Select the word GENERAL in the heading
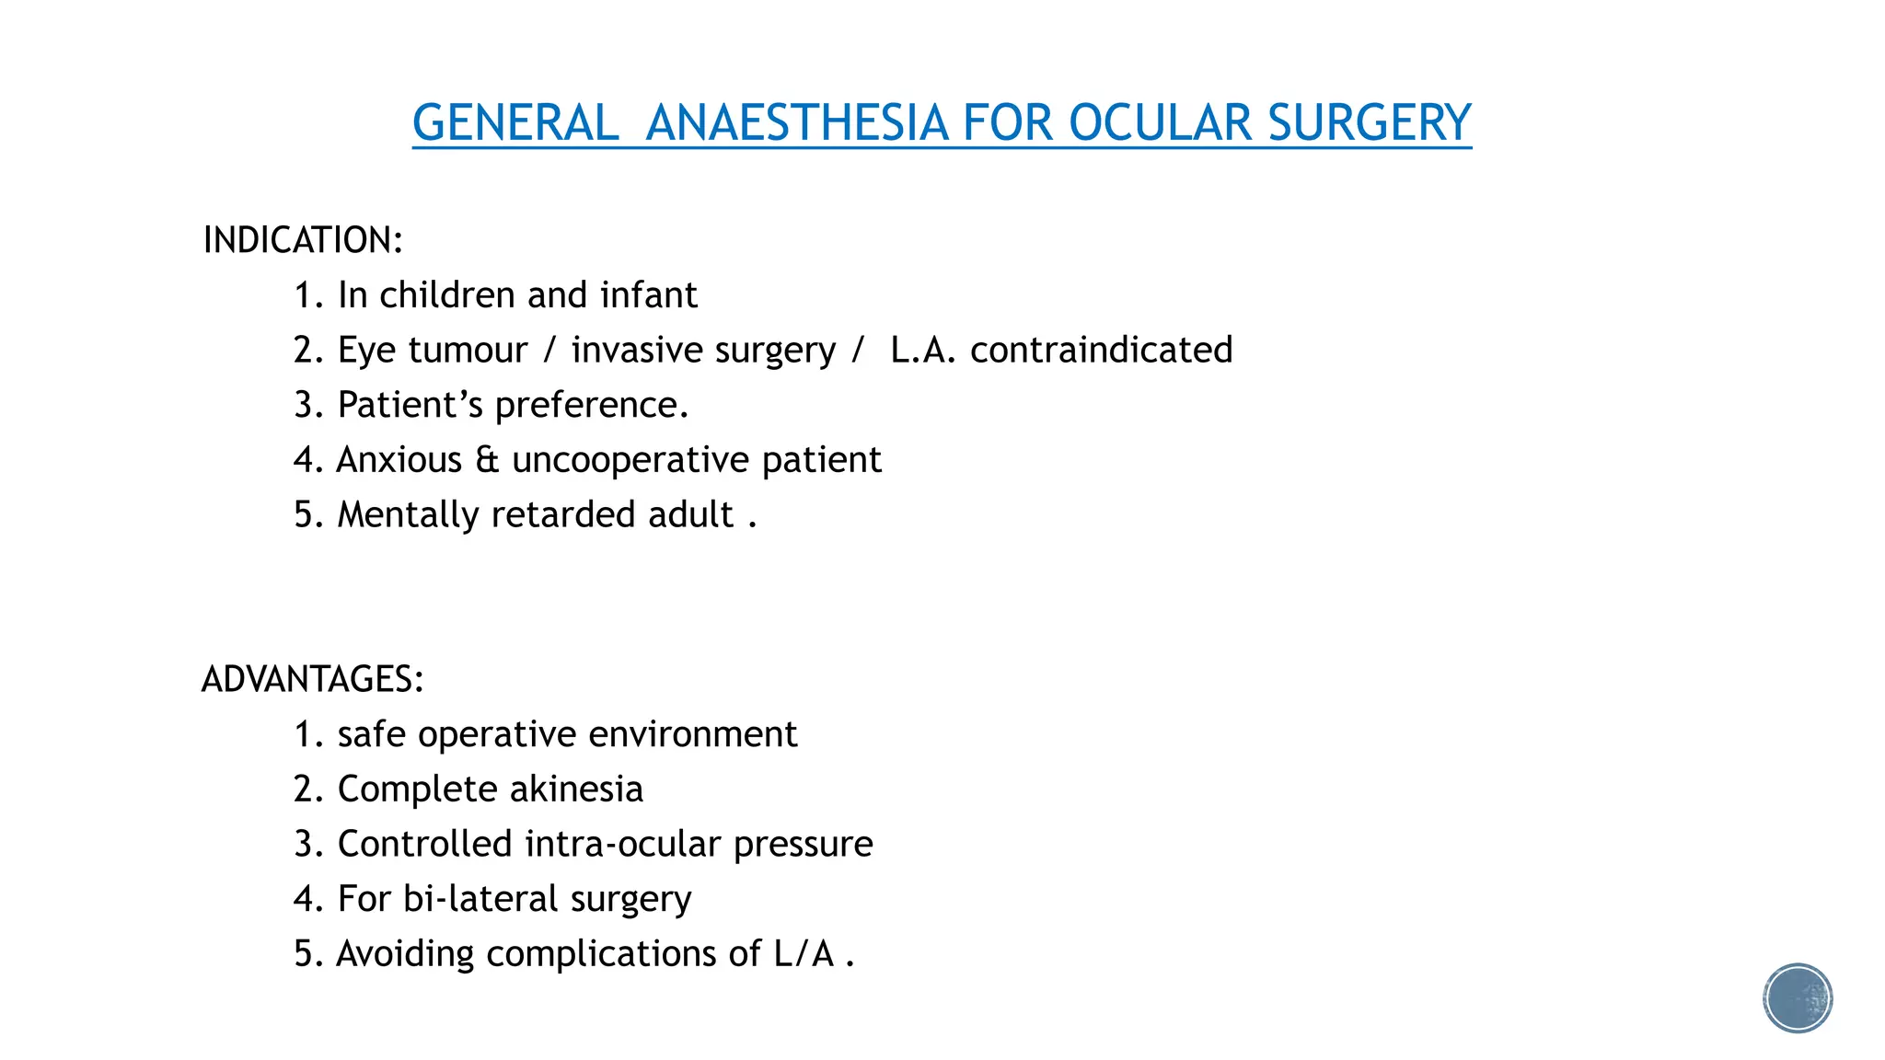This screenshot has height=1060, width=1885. pyautogui.click(x=515, y=122)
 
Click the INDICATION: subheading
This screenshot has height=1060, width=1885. pyautogui.click(x=303, y=240)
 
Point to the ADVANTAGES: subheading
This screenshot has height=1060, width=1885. pyautogui.click(x=313, y=679)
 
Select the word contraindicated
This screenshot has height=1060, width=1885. pyautogui.click(x=1101, y=351)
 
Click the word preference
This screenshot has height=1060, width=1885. pyautogui.click(x=591, y=406)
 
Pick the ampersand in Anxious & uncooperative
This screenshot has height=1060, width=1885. pyautogui.click(x=487, y=460)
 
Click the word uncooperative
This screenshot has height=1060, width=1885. pyautogui.click(x=630, y=460)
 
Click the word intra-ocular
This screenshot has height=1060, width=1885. pyautogui.click(x=622, y=844)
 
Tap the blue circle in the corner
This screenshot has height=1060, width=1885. pyautogui.click(x=1798, y=998)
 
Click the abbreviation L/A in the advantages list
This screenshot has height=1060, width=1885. pyautogui.click(x=804, y=954)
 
